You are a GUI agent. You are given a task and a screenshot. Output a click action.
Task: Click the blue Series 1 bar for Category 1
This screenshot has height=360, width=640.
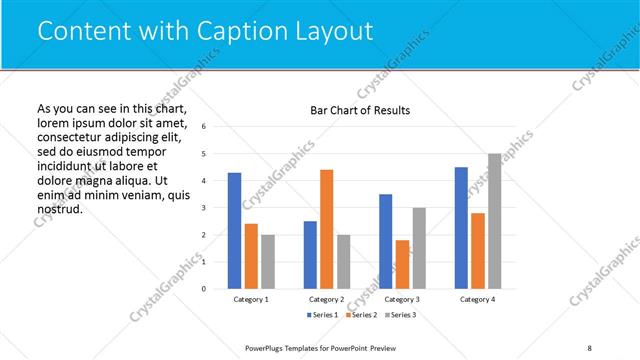[x=234, y=231]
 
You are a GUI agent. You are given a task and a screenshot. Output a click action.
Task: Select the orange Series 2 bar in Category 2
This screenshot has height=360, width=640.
[x=327, y=229]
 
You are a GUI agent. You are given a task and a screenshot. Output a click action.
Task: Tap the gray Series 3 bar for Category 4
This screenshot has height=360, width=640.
[x=495, y=221]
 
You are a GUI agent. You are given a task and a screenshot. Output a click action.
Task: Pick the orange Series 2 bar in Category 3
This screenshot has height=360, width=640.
[x=402, y=264]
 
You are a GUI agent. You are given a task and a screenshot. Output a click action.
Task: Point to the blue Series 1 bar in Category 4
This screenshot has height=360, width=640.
[x=461, y=228]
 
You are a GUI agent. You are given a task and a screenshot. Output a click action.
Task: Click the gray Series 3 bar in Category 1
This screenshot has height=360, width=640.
[x=268, y=262]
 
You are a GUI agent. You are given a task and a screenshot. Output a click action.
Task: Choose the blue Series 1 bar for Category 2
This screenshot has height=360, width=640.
[x=310, y=255]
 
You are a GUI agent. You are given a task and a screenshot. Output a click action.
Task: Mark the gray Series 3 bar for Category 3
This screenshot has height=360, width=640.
[x=419, y=248]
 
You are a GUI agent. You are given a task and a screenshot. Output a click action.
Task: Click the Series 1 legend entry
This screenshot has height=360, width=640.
[x=323, y=315]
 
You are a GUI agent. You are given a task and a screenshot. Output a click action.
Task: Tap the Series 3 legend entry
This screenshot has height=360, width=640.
[x=400, y=315]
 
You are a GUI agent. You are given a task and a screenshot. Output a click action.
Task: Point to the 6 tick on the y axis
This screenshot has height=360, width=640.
[x=204, y=127]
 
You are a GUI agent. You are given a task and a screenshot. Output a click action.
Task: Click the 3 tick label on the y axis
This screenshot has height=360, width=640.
[x=204, y=208]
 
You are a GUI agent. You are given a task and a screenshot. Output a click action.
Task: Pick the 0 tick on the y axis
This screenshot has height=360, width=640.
[x=204, y=289]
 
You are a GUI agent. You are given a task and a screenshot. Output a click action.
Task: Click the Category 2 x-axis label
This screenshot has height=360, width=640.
[x=327, y=299]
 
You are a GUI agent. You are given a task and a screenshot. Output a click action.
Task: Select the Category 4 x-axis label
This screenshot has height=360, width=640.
[x=478, y=299]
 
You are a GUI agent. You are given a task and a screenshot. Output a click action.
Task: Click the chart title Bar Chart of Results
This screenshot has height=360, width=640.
[x=360, y=110]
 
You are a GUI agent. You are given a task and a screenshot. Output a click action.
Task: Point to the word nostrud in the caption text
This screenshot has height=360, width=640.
[x=58, y=209]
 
